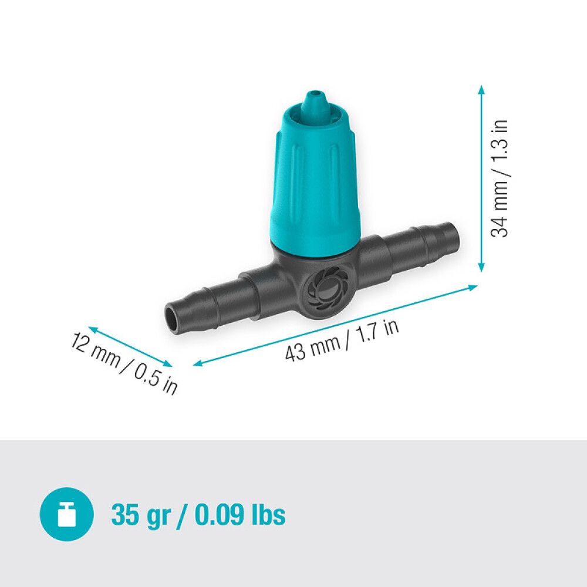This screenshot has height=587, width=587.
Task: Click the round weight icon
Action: coord(66,515)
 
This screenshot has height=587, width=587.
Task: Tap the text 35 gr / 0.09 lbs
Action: coord(198,515)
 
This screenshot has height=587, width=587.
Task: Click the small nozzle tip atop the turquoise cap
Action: coord(315,97)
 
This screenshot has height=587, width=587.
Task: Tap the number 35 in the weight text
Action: coord(124,515)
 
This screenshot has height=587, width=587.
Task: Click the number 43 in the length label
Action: coord(296,352)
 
